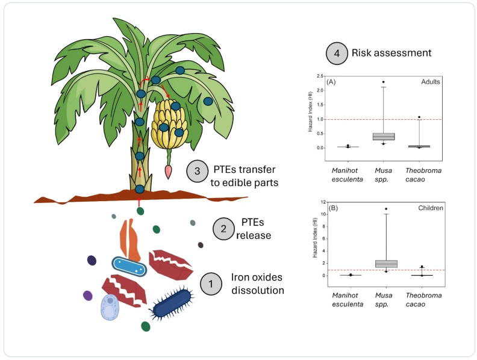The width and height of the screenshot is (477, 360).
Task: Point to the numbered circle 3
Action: [198, 172]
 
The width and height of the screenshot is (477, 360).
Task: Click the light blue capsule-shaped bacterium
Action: [129, 266]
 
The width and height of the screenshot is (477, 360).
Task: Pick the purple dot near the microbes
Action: [88, 296]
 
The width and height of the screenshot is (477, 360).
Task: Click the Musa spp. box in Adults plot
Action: [384, 137]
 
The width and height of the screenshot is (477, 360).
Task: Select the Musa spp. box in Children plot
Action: [386, 264]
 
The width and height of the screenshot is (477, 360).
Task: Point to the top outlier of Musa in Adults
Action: [384, 82]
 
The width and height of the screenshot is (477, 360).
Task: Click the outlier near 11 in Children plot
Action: [386, 209]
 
